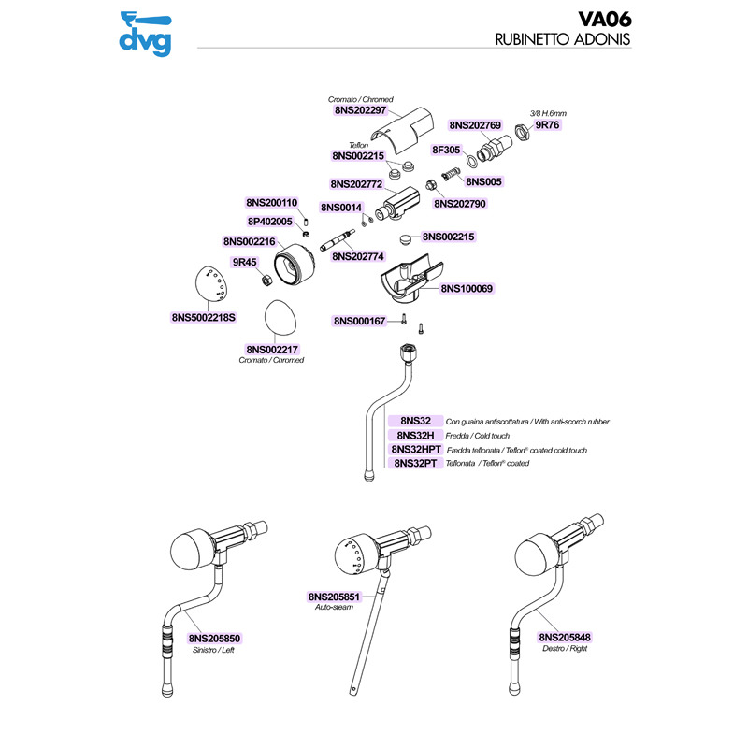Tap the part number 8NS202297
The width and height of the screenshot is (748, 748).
tap(361, 110)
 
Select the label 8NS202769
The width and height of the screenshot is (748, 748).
tap(476, 124)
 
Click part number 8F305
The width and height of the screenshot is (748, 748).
tap(444, 150)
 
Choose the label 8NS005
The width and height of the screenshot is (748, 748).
tap(483, 181)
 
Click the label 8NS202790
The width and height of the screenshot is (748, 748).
tap(460, 203)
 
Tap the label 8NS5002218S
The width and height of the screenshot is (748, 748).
tap(203, 318)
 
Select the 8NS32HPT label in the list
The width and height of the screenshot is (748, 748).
tap(416, 450)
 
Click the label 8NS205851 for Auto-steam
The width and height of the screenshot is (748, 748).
tap(335, 597)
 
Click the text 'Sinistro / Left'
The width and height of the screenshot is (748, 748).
tap(214, 650)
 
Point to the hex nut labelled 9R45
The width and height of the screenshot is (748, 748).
tap(265, 279)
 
